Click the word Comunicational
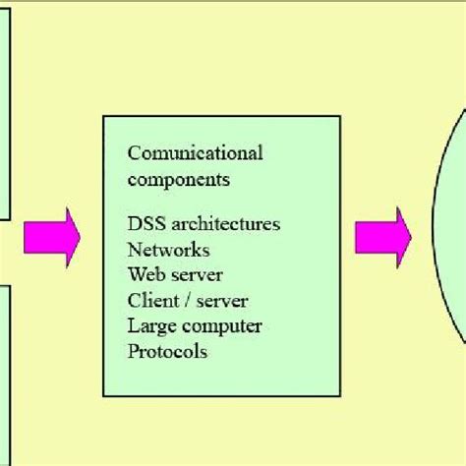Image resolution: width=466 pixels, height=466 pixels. (x=195, y=153)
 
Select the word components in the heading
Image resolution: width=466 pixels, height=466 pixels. (x=178, y=180)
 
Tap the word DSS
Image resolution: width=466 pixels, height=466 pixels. (x=145, y=224)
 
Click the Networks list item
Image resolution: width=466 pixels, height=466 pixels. (x=168, y=250)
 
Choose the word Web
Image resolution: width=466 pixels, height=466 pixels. (x=145, y=275)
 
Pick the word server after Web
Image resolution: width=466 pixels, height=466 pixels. (x=196, y=275)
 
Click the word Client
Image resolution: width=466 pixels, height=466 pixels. (x=152, y=301)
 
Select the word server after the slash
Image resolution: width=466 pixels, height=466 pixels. (x=221, y=301)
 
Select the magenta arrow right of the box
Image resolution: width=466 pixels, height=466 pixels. (x=382, y=237)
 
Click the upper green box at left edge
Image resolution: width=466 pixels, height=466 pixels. (x=5, y=108)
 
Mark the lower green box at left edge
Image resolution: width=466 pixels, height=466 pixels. (x=5, y=374)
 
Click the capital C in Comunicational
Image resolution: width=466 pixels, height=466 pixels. (x=134, y=153)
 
